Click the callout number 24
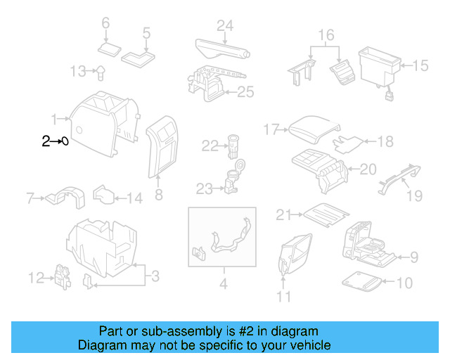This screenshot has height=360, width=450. [224, 26]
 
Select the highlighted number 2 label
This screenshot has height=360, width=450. [46, 141]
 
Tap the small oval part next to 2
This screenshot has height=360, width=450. [64, 141]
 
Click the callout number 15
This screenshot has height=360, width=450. [420, 65]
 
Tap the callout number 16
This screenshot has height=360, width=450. [326, 34]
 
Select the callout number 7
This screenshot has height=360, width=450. [30, 198]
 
